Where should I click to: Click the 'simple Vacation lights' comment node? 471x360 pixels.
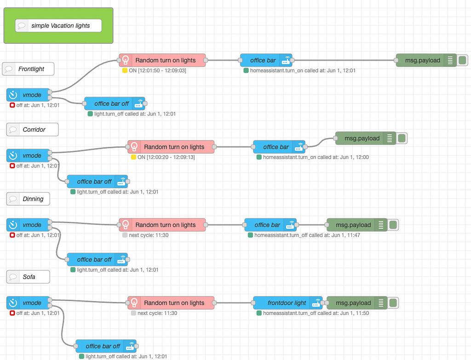[x=58, y=26]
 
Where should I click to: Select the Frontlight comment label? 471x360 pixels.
[x=28, y=69]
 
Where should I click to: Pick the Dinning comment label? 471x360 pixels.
[x=28, y=199]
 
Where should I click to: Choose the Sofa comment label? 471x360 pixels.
[x=28, y=277]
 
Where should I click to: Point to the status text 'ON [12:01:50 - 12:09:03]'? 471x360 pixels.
[x=157, y=70]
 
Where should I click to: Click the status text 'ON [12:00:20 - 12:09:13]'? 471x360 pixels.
[x=166, y=157]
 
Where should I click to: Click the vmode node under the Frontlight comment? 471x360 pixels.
[x=28, y=95]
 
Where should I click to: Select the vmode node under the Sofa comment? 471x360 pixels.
[x=28, y=303]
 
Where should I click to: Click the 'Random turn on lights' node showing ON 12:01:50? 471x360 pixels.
[x=162, y=60]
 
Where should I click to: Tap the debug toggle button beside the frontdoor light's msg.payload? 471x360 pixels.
[x=393, y=303]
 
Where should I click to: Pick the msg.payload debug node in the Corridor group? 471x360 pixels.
[x=362, y=138]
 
